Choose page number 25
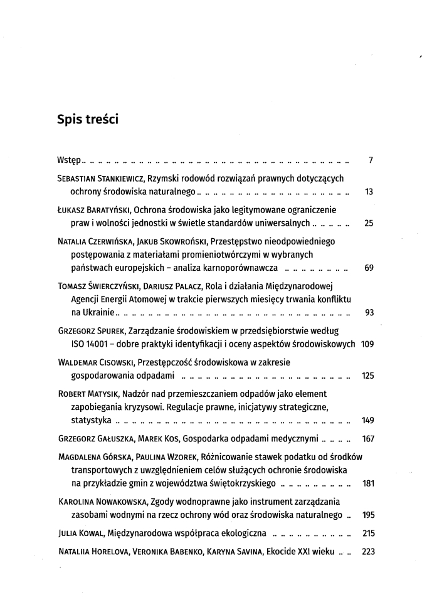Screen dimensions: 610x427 tap(369, 223)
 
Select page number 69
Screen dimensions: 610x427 tap(369, 268)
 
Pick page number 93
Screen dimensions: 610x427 tap(369, 313)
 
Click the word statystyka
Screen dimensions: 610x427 tap(92, 419)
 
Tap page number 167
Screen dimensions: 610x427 tap(368, 439)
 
